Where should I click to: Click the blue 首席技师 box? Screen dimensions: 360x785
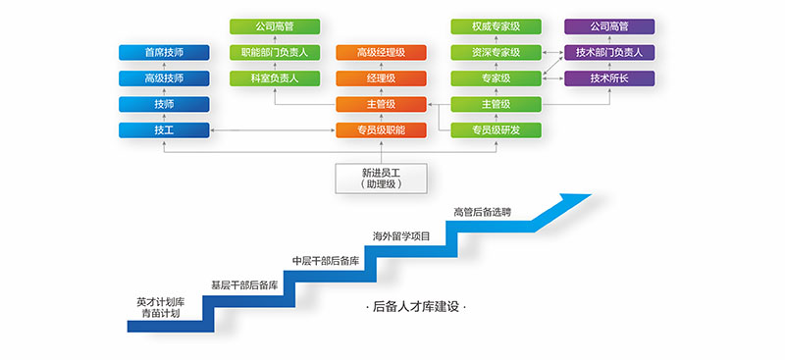(163, 52)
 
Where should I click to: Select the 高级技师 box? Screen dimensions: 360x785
(163, 78)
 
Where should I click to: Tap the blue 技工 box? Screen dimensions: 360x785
(163, 129)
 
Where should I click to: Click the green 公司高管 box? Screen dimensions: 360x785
(275, 26)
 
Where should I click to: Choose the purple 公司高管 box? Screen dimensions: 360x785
(609, 26)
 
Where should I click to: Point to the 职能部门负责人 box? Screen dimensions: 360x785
(275, 52)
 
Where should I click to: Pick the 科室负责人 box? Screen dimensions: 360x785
(275, 78)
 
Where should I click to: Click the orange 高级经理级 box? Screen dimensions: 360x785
(381, 52)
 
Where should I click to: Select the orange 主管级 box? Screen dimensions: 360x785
(381, 104)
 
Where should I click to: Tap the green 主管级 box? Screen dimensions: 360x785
(496, 104)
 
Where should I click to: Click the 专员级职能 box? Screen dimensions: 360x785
(381, 129)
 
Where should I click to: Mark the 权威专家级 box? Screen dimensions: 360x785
(496, 26)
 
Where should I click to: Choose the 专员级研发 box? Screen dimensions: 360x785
(496, 129)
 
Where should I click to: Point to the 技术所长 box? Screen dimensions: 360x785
(609, 78)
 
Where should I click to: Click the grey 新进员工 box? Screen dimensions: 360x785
(381, 177)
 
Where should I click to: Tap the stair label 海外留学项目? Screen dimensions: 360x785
(401, 235)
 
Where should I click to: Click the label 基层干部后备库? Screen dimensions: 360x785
(245, 285)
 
